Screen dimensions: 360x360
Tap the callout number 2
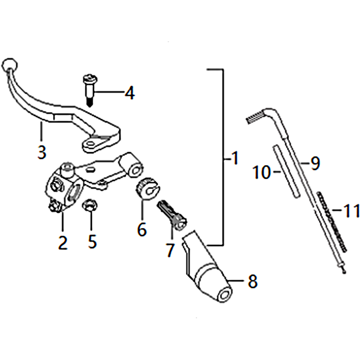click(63, 243)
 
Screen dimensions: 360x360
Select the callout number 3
click(42, 152)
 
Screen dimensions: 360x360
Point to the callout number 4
click(130, 93)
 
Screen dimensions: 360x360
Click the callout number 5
click(92, 242)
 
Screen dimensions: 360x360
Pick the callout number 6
click(142, 229)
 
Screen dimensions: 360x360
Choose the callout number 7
click(170, 250)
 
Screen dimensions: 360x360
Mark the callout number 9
click(315, 163)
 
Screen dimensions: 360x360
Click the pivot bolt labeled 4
click(90, 90)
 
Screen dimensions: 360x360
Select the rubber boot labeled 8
click(207, 266)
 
